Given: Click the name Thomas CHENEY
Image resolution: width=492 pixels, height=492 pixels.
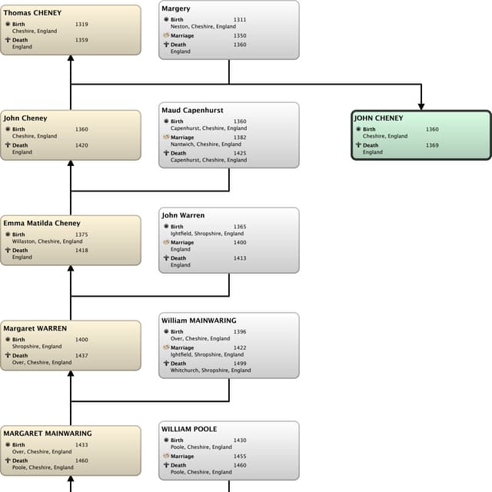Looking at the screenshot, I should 32,13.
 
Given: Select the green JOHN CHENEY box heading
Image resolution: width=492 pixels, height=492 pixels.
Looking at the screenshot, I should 378,118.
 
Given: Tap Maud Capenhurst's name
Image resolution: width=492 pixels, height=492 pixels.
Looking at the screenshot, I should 192,111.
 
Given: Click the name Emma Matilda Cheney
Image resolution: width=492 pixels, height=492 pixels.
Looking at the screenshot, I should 42,224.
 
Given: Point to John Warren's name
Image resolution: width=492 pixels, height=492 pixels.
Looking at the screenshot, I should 183,216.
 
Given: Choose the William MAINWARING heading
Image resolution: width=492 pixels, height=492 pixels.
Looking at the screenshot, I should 198,321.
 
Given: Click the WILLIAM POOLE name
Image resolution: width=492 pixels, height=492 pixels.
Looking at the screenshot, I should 189,429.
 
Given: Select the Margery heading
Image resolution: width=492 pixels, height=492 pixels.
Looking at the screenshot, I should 176,8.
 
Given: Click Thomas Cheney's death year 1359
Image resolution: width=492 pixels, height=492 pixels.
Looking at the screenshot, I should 81,40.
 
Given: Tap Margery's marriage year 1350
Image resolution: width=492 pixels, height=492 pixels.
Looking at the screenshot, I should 240,35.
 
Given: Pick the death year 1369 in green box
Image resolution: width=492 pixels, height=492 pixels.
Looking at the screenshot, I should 432,145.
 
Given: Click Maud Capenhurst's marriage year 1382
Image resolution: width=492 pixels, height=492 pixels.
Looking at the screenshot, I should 240,138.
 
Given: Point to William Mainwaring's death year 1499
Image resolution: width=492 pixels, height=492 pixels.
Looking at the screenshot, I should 240,364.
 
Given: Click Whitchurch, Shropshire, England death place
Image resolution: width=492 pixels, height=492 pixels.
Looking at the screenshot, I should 210,371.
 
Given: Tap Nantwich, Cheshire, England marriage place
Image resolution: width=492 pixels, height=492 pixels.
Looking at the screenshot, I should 205,145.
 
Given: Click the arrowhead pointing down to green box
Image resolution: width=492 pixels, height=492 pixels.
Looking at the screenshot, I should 421,105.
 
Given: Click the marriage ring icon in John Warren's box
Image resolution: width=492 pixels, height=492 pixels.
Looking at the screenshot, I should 165,243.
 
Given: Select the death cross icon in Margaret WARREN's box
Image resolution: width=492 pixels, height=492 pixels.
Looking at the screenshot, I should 7,356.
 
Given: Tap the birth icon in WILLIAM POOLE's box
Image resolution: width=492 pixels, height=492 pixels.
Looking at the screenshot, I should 165,440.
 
